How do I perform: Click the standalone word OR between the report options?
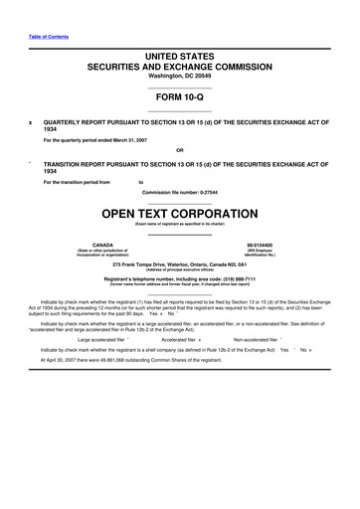[180, 150]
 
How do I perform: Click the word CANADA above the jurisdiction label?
[101, 244]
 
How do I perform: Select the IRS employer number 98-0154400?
[260, 244]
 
